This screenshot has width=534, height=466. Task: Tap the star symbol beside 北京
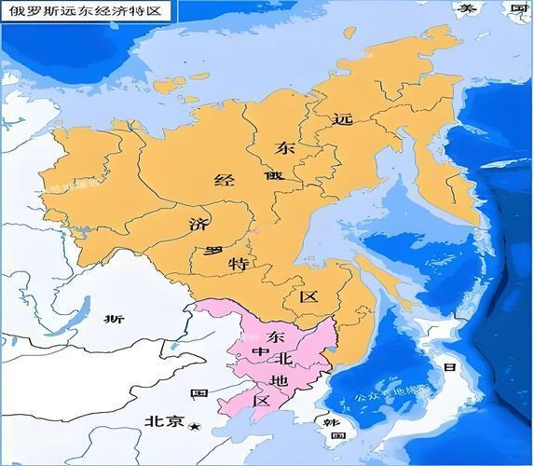[194, 427]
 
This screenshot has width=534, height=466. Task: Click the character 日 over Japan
[450, 369]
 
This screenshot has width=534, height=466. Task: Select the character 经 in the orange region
[224, 180]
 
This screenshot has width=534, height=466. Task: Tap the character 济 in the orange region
[198, 225]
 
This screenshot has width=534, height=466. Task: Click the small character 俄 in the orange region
[271, 175]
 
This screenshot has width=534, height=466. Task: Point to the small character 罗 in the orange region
[213, 251]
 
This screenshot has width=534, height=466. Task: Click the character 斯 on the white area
[115, 320]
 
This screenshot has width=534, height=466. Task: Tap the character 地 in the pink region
[278, 381]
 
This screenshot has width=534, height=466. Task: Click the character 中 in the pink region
[261, 352]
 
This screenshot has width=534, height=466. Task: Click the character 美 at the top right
[462, 8]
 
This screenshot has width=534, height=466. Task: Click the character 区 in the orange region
[308, 297]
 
